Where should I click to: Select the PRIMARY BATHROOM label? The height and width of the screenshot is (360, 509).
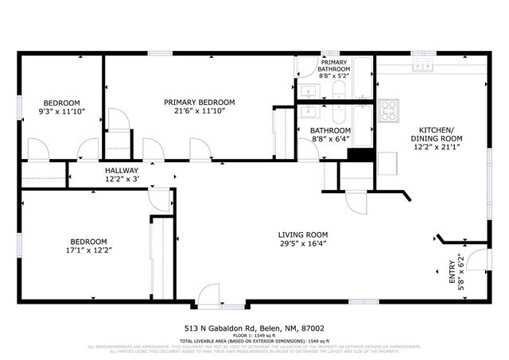tap(334, 65)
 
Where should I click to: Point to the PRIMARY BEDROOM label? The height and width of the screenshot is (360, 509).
tap(200, 102)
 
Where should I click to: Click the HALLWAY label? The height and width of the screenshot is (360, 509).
tap(122, 170)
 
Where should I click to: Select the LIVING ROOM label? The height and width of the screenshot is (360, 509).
tap(303, 234)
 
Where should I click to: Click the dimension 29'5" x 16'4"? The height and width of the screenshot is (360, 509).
tap(303, 245)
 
